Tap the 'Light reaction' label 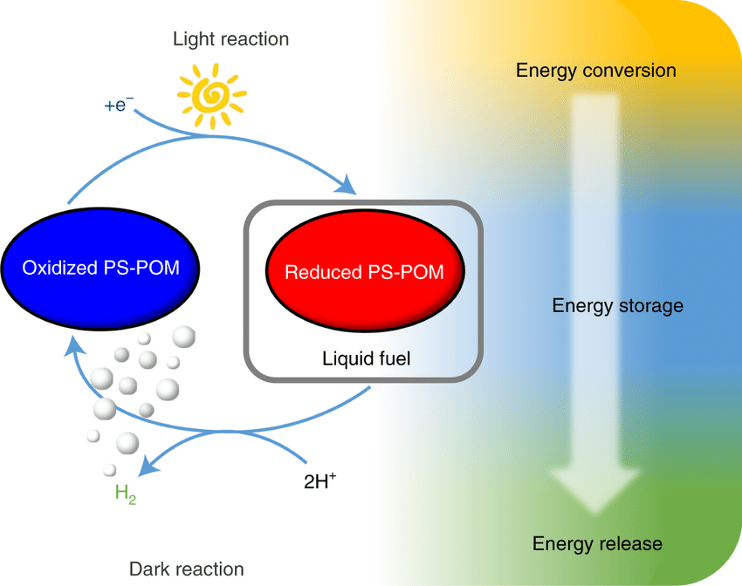230,39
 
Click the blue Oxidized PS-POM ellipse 100,267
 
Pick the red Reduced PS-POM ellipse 363,272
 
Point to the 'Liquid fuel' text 366,358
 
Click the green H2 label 126,494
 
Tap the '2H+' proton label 319,480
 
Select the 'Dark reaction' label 187,569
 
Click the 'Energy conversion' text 596,70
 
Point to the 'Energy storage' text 617,306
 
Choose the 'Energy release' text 597,544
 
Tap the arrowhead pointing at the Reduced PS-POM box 348,185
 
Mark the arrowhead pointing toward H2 150,467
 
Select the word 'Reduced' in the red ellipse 319,272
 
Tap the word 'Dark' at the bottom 148,569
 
